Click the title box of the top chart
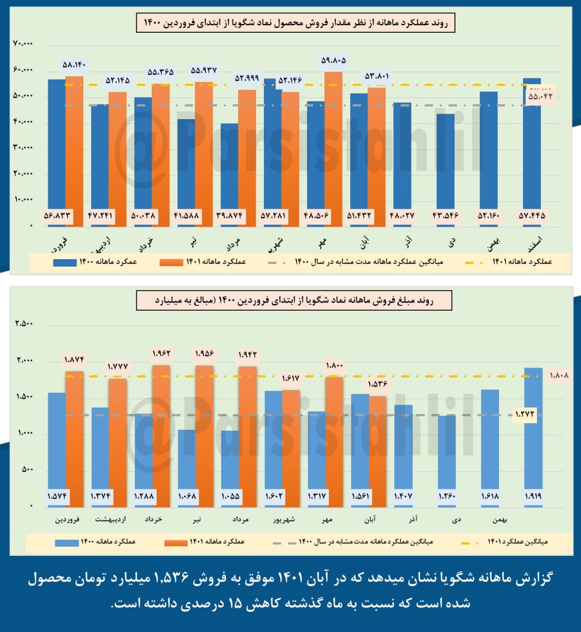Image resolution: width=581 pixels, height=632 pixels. click(x=296, y=24)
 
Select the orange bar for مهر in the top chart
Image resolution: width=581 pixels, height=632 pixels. click(x=333, y=145)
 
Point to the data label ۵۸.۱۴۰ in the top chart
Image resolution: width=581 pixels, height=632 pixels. click(x=74, y=65)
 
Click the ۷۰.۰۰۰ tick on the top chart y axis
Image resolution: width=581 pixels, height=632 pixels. click(x=23, y=44)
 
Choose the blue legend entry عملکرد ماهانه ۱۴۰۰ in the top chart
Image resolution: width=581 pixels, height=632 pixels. click(x=95, y=262)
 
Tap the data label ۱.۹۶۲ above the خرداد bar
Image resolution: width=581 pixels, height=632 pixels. click(x=161, y=354)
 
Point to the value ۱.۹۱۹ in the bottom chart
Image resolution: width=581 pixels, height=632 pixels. click(x=533, y=496)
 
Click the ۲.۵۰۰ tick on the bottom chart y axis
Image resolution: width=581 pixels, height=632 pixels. click(x=24, y=324)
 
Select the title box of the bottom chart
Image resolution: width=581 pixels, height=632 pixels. click(x=294, y=300)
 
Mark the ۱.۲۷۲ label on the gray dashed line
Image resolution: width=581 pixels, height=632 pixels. click(x=525, y=415)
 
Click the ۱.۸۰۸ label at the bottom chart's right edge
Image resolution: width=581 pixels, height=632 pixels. click(x=558, y=376)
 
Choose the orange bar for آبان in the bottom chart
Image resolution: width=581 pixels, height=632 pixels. click(x=377, y=451)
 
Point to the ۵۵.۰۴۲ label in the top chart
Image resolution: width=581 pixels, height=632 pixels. click(x=540, y=97)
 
